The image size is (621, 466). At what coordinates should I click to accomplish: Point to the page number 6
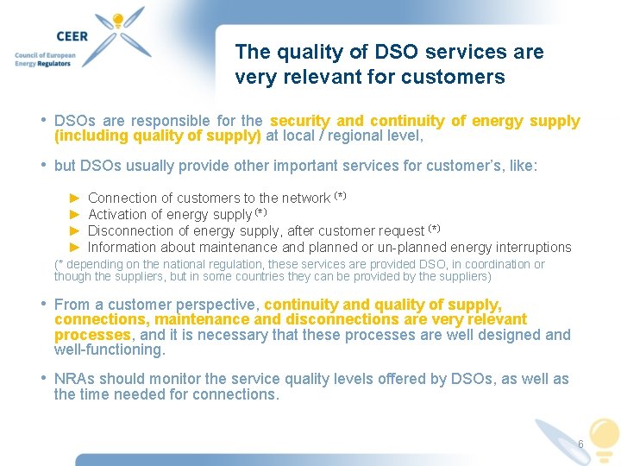pyautogui.click(x=580, y=444)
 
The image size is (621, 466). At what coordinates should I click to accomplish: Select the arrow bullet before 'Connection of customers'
pyautogui.click(x=74, y=198)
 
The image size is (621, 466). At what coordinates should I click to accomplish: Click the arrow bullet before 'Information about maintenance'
pyautogui.click(x=74, y=247)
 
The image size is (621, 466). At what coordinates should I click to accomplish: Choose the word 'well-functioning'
pyautogui.click(x=109, y=349)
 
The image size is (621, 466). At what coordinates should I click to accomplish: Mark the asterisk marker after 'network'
pyautogui.click(x=340, y=196)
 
